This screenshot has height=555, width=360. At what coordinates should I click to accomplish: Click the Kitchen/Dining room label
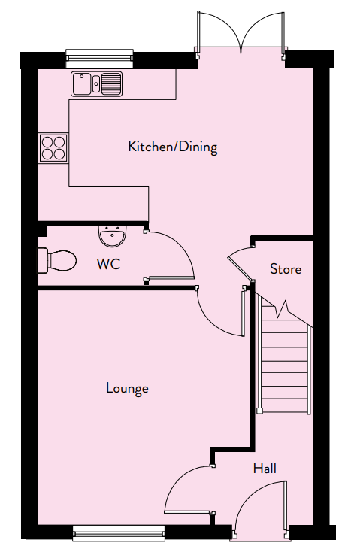tap(173, 147)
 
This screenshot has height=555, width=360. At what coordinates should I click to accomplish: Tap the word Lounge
tap(127, 388)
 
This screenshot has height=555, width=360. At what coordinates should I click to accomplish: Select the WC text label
tap(108, 264)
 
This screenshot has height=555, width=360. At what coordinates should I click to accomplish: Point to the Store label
tap(286, 269)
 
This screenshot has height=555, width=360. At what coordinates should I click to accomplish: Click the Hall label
tap(265, 469)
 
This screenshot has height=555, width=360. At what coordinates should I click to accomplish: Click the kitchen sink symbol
tap(96, 84)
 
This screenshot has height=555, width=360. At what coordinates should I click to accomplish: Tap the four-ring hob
tap(53, 148)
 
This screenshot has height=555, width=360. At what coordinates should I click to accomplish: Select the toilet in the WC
tap(56, 261)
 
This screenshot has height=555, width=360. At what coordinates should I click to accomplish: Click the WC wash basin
tap(112, 235)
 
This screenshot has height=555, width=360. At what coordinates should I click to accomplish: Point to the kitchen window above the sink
tap(100, 59)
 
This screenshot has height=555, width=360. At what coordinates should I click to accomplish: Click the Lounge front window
tap(119, 533)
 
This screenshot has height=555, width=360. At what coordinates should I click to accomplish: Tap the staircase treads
tap(285, 368)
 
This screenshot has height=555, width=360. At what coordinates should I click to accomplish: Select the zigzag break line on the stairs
tap(283, 309)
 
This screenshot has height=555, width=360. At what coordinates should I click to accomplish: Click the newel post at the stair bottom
tap(259, 411)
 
